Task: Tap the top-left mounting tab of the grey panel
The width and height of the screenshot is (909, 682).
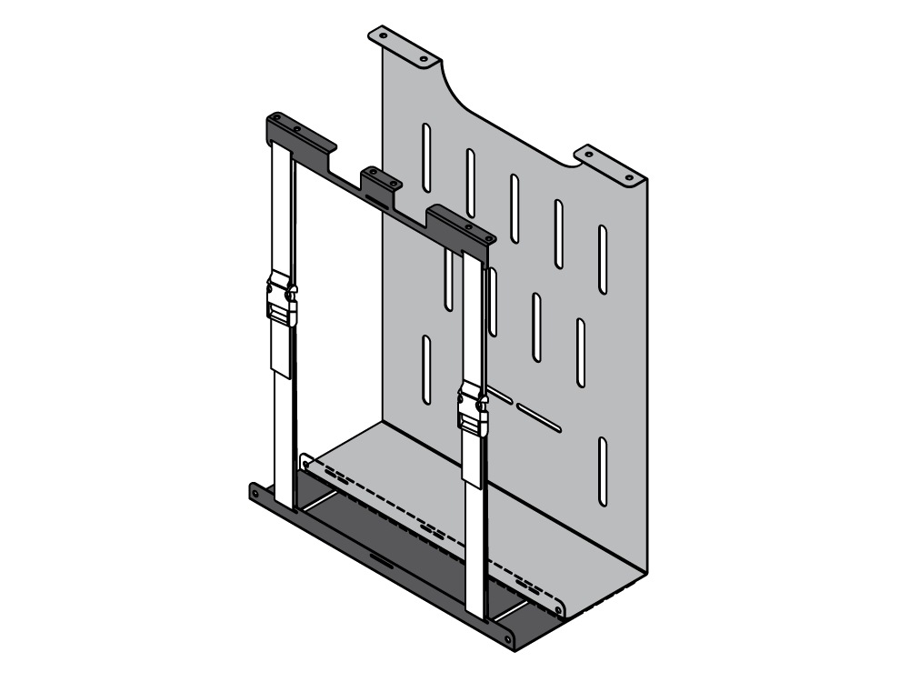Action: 401,45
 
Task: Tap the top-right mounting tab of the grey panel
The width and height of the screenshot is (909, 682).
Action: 608,164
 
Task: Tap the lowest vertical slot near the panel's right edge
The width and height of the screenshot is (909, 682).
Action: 602,469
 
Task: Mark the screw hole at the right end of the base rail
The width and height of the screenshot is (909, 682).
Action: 507,637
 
